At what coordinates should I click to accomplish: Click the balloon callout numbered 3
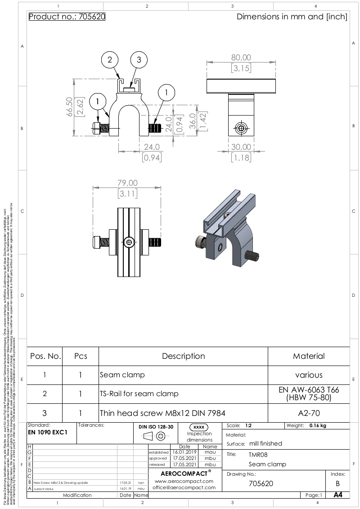[139, 60]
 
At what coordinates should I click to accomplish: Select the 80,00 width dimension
[241, 58]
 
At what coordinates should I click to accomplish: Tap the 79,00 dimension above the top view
[127, 183]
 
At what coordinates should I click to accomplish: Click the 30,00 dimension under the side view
[242, 147]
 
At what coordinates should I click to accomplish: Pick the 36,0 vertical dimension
[192, 120]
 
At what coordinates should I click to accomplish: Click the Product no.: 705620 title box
[67, 17]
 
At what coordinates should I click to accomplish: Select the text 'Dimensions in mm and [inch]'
[292, 17]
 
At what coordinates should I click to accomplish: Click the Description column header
[183, 356]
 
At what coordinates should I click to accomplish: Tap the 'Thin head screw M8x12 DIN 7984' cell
[162, 413]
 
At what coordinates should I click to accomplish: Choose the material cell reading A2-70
[309, 413]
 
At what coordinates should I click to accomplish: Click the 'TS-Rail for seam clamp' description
[139, 393]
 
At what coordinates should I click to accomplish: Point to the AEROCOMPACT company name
[184, 473]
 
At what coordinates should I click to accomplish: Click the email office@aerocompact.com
[184, 487]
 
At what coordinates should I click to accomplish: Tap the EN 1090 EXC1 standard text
[47, 432]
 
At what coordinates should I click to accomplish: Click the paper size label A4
[337, 495]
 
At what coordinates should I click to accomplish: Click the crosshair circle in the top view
[130, 242]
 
